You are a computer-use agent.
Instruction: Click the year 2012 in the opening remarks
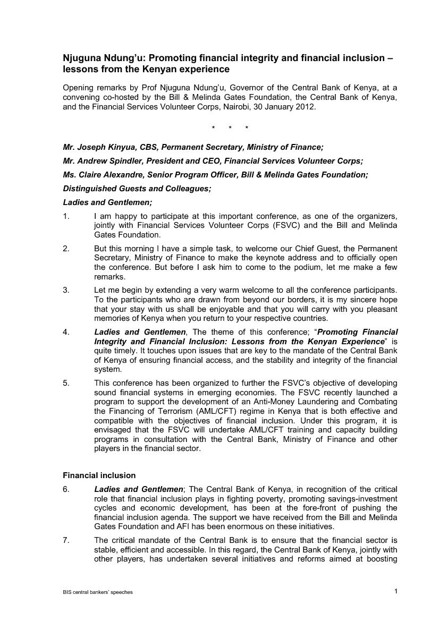pyautogui.click(x=306, y=107)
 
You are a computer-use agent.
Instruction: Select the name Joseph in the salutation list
pyautogui.click(x=90, y=147)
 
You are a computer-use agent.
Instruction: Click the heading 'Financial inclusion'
pyautogui.click(x=99, y=475)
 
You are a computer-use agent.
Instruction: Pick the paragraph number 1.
pyautogui.click(x=66, y=216)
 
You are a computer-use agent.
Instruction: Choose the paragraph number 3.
pyautogui.click(x=66, y=290)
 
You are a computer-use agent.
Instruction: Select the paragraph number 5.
pyautogui.click(x=66, y=382)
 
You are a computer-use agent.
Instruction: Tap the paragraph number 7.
pyautogui.click(x=66, y=540)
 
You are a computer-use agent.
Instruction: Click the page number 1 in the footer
pyautogui.click(x=396, y=591)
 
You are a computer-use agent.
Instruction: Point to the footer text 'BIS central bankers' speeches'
pyautogui.click(x=98, y=592)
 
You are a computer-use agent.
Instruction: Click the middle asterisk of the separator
pyautogui.click(x=230, y=128)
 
